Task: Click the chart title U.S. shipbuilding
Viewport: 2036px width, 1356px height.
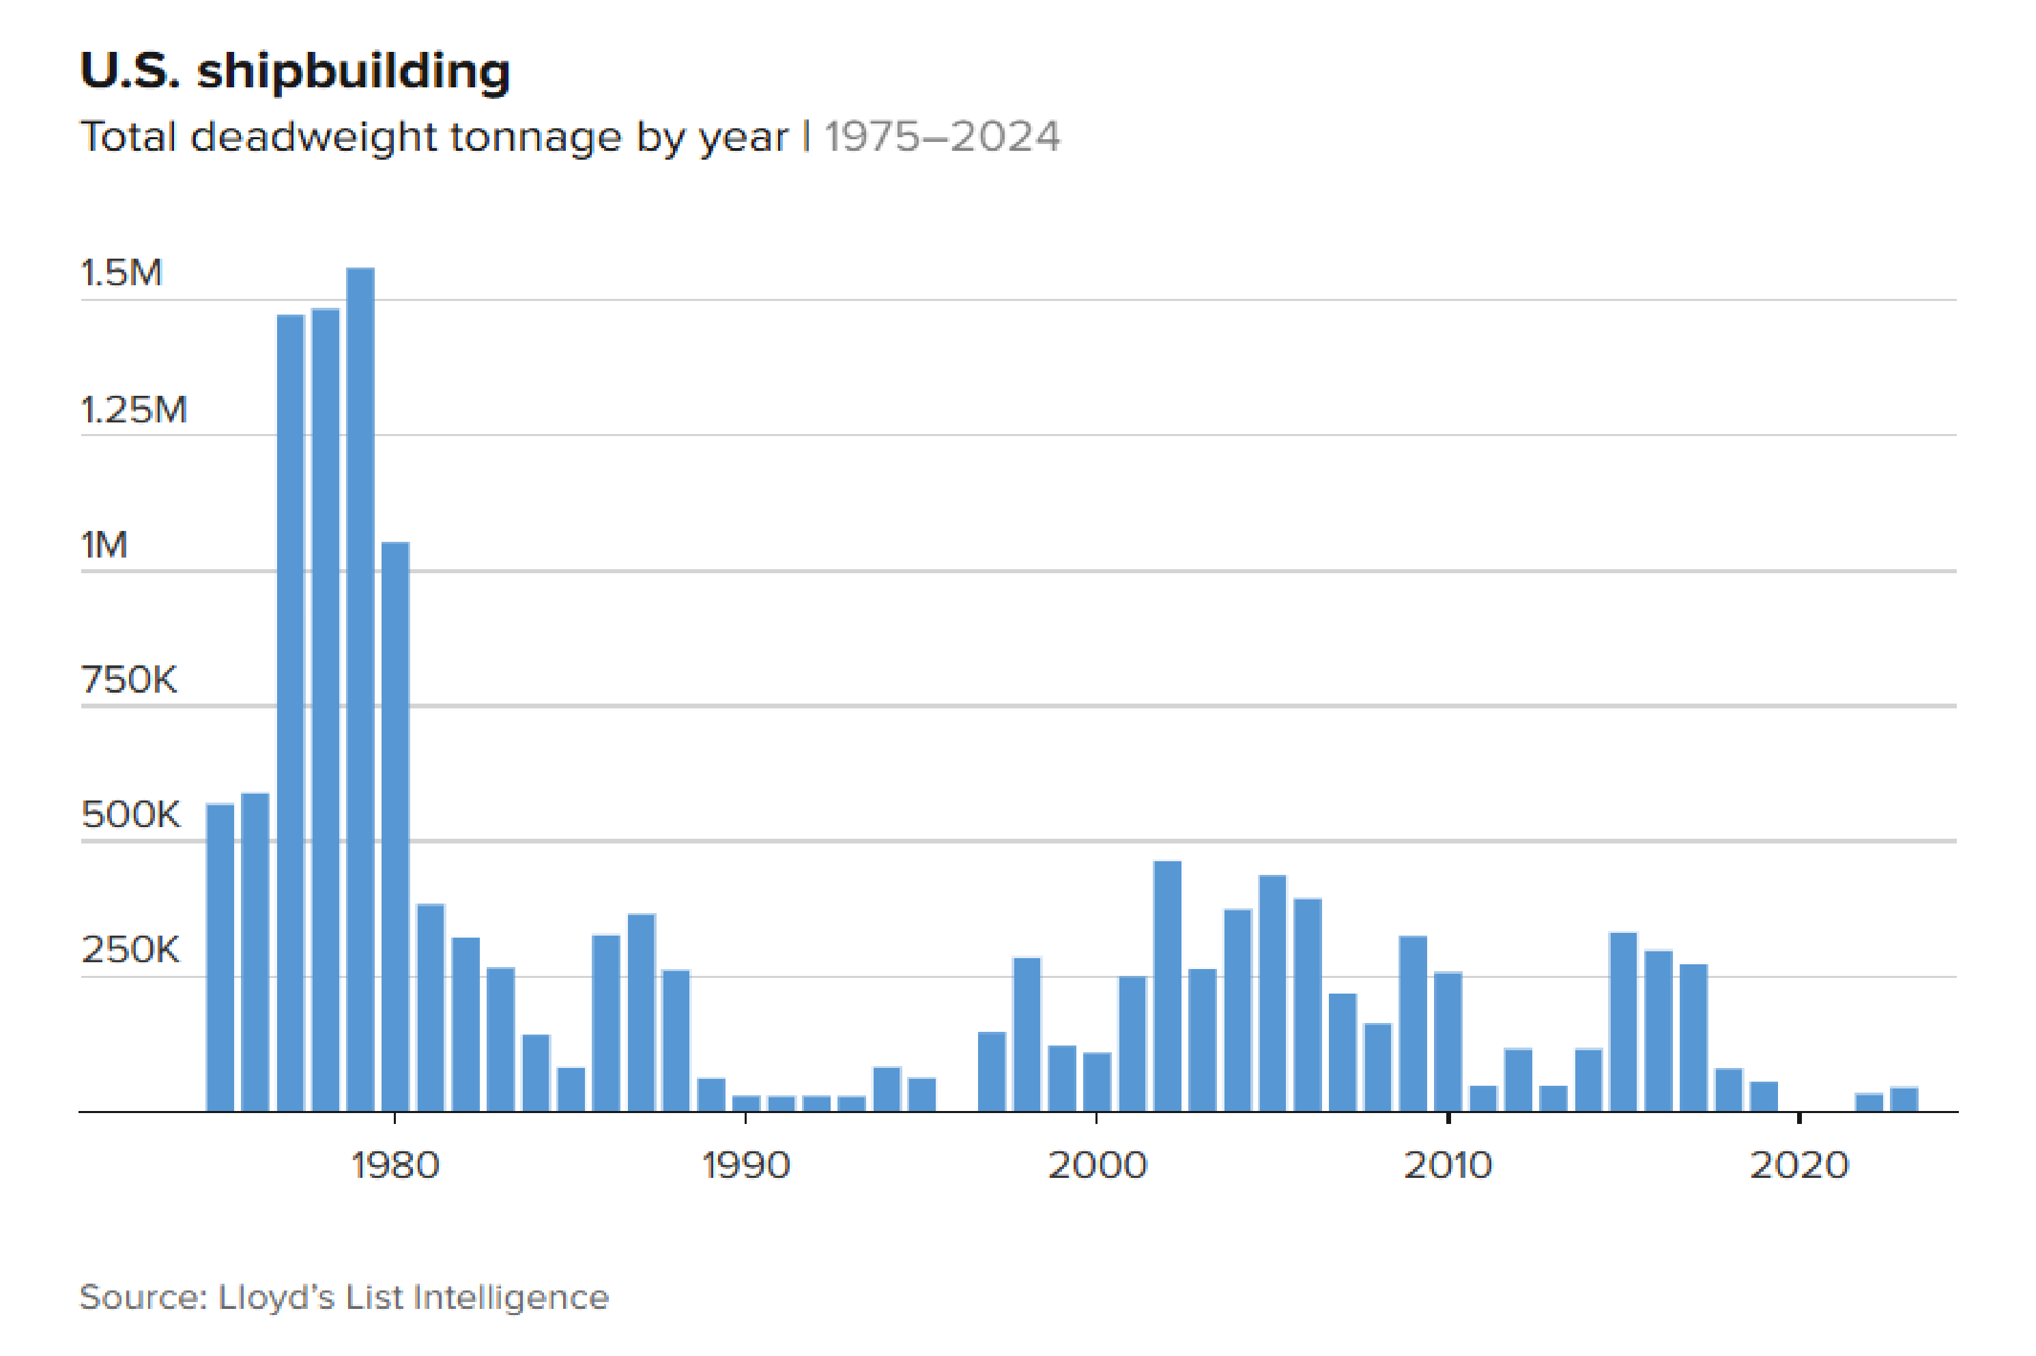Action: (x=295, y=71)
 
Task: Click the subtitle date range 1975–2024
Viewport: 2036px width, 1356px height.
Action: (x=941, y=137)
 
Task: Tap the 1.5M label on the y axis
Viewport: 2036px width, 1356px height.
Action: (x=121, y=273)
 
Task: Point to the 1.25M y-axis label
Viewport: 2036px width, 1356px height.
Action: (x=134, y=410)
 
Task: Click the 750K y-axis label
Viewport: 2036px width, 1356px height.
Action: (x=129, y=680)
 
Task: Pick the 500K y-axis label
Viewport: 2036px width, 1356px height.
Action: (x=130, y=816)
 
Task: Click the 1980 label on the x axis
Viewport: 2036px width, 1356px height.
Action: (x=395, y=1166)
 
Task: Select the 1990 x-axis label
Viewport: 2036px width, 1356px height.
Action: (x=745, y=1166)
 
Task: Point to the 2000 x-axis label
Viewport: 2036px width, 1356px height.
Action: (x=1097, y=1166)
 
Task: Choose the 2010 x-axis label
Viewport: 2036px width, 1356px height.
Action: (x=1448, y=1166)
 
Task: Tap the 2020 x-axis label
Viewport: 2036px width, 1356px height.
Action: (x=1799, y=1166)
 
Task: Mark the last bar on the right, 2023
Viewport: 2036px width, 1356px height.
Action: (x=1904, y=1099)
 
